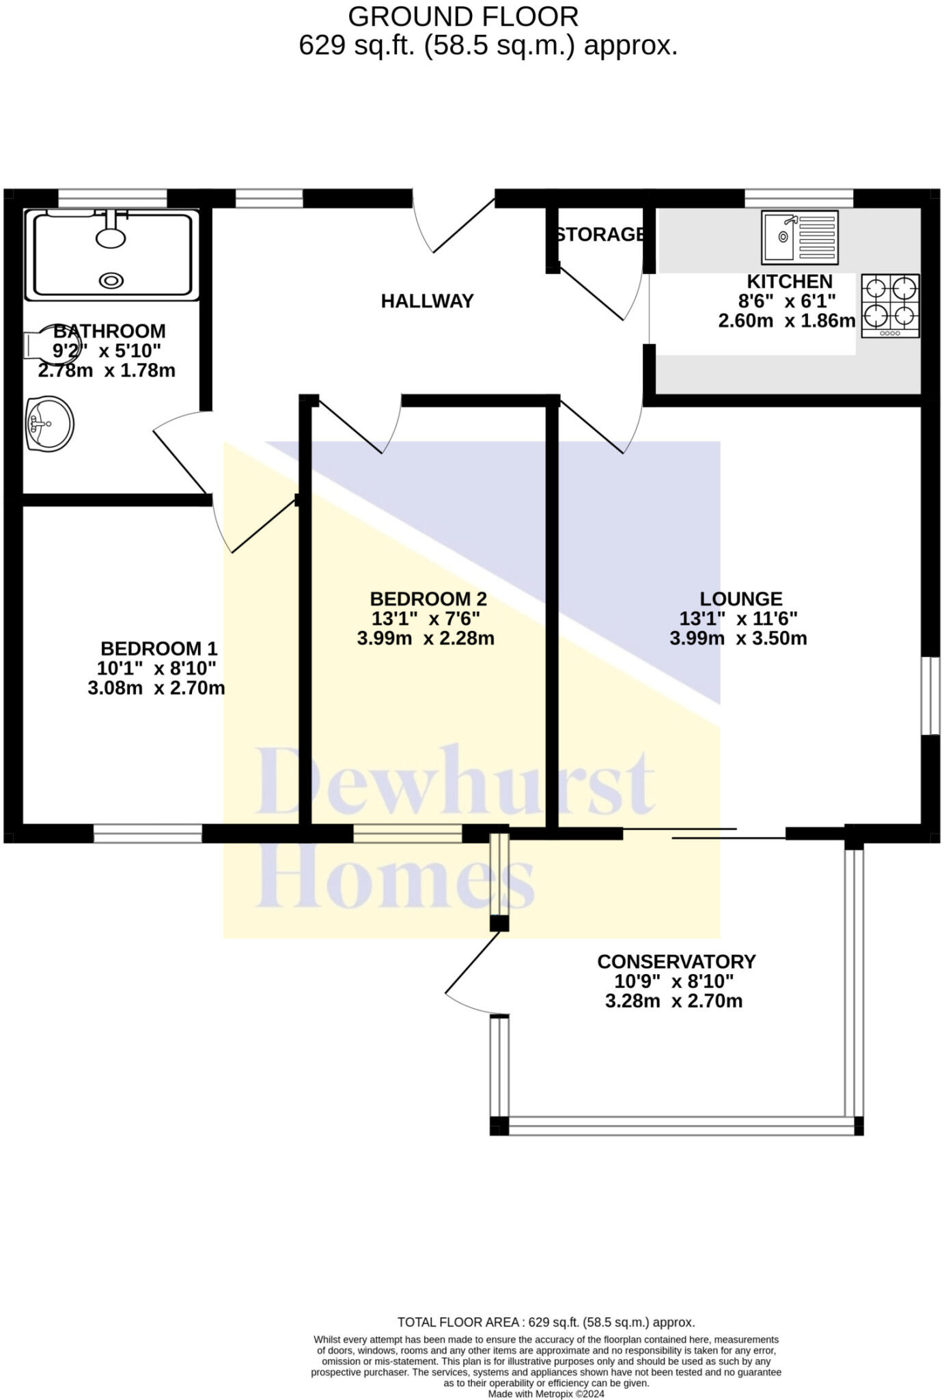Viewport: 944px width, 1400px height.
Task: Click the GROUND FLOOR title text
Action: click(463, 16)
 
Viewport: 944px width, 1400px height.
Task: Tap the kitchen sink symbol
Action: click(800, 238)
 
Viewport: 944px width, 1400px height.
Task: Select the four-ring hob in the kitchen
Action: click(890, 305)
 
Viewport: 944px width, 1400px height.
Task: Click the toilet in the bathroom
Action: click(41, 342)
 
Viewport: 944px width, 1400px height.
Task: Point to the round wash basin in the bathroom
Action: click(49, 424)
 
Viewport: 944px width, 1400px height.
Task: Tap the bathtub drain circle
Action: click(111, 280)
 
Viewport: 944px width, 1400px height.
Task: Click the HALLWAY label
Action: click(427, 301)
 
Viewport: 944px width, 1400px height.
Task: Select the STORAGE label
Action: click(600, 234)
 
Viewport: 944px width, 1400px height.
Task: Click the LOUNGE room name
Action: click(740, 599)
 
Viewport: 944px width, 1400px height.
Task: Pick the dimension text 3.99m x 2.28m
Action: click(426, 638)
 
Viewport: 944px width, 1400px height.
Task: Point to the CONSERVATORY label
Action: click(676, 961)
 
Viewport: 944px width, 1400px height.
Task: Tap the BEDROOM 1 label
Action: click(158, 648)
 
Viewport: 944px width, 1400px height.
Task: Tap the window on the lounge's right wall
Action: click(930, 696)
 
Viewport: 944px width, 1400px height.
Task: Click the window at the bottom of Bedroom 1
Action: click(148, 833)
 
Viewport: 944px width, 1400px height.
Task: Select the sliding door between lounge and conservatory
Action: click(704, 833)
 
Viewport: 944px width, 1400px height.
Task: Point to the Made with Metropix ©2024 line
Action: click(546, 1394)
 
